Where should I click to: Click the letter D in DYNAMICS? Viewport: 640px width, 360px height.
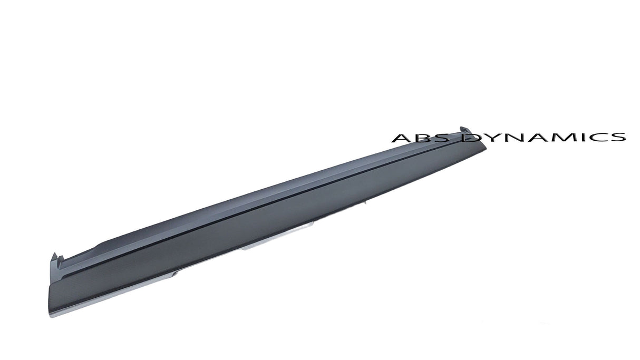(470, 138)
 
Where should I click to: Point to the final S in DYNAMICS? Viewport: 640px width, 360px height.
(616, 138)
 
